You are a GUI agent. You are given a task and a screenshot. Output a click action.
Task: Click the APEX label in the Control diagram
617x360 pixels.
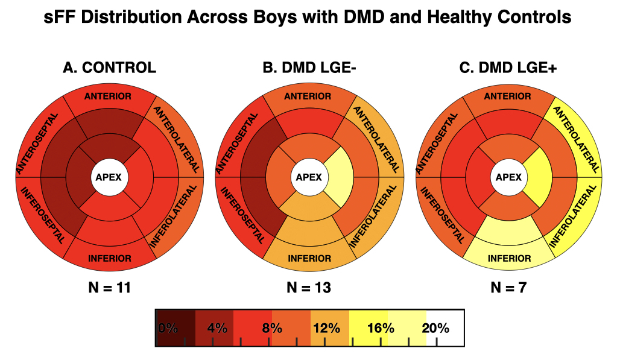click(x=109, y=177)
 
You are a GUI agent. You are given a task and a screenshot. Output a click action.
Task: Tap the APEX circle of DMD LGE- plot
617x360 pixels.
click(x=308, y=177)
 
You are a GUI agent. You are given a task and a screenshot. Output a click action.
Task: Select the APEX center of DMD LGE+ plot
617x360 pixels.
click(x=508, y=177)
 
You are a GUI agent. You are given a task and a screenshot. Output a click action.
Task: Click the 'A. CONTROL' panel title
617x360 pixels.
click(x=109, y=68)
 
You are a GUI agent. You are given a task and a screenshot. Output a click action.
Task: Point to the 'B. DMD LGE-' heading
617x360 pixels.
click(x=309, y=68)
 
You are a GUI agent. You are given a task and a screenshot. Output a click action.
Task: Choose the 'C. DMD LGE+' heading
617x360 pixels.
click(x=508, y=68)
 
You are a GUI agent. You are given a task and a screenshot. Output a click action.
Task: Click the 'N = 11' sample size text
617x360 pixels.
click(x=109, y=288)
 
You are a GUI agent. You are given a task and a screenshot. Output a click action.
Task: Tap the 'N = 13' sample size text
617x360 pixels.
click(x=308, y=288)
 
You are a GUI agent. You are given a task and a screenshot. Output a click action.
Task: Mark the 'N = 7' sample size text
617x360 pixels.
click(x=508, y=288)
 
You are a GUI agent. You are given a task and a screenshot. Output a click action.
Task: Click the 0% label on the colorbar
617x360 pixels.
click(x=168, y=329)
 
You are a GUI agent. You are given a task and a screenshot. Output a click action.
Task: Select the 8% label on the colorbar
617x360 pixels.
click(x=273, y=329)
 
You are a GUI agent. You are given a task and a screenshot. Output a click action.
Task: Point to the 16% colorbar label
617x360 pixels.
click(x=380, y=329)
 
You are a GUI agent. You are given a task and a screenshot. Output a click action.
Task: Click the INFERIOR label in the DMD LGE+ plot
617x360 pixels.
click(x=508, y=259)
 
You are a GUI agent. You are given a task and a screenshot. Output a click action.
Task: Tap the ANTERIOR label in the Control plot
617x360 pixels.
click(x=109, y=96)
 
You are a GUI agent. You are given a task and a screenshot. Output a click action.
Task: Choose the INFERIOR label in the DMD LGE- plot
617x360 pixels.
click(x=309, y=259)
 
